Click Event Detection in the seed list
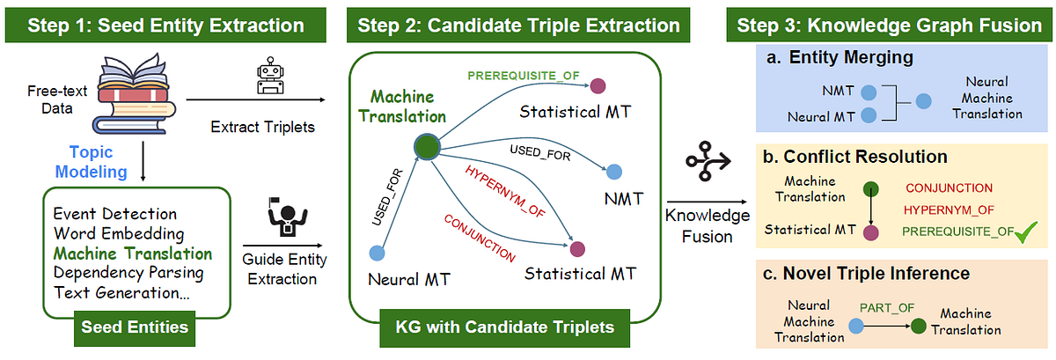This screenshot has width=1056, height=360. tap(114, 214)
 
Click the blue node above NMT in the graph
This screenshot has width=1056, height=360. tap(615, 172)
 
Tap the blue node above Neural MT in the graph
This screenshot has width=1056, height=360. tap(377, 253)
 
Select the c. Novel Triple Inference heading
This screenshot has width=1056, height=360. tap(854, 274)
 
